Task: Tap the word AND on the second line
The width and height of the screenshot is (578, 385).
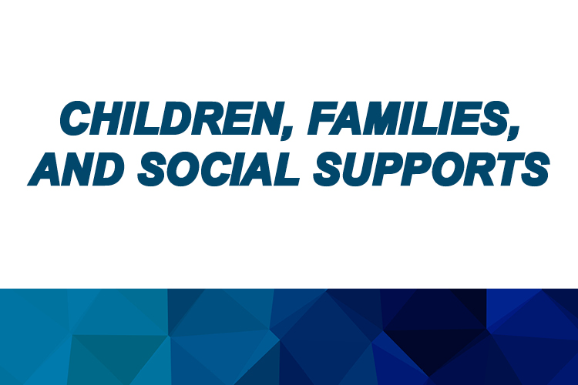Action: pos(76,169)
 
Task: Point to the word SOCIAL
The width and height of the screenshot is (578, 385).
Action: pos(218,169)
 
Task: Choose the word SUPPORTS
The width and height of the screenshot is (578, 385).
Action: pos(432,169)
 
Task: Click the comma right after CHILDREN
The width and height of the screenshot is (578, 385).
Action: pos(287,132)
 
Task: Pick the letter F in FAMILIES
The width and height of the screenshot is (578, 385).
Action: pos(324,119)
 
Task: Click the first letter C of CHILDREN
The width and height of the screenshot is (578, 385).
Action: pos(76,119)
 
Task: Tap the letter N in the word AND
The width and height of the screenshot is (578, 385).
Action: pos(76,169)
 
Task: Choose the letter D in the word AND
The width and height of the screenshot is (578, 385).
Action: pos(108,169)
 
